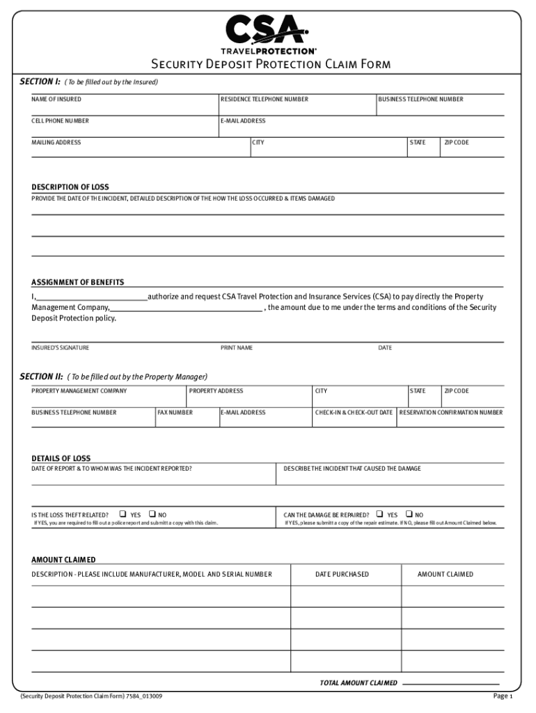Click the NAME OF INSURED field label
pyautogui.click(x=56, y=100)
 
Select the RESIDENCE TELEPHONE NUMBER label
pyautogui.click(x=264, y=100)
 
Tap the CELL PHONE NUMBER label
pyautogui.click(x=60, y=120)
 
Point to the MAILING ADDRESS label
pyautogui.click(x=56, y=143)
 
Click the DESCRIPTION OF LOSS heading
pyautogui.click(x=70, y=187)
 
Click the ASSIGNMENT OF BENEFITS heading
pyautogui.click(x=78, y=282)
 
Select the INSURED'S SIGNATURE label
pyautogui.click(x=60, y=347)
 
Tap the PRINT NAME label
pyautogui.click(x=237, y=347)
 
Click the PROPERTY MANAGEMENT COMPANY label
pyautogui.click(x=79, y=391)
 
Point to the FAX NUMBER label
pyautogui.click(x=175, y=413)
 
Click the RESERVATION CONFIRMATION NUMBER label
pyautogui.click(x=450, y=413)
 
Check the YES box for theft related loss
pyautogui.click(x=123, y=515)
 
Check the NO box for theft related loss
pyautogui.click(x=152, y=515)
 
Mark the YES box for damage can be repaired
pyautogui.click(x=380, y=515)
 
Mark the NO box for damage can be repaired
pyautogui.click(x=409, y=515)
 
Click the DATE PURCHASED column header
pyautogui.click(x=342, y=574)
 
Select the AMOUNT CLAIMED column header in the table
pyautogui.click(x=445, y=574)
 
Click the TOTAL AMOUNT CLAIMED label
pyautogui.click(x=358, y=683)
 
